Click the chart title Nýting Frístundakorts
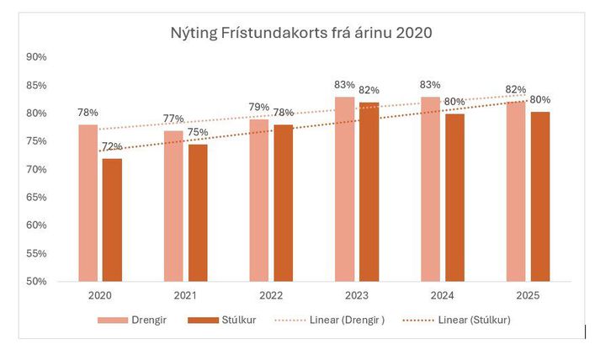(x=302, y=34)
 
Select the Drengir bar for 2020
(x=88, y=203)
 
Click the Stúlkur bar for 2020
(x=112, y=220)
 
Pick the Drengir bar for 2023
(x=345, y=188)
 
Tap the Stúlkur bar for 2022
(x=284, y=203)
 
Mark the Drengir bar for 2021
(x=173, y=205)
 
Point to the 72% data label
(x=111, y=147)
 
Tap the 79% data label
(x=258, y=108)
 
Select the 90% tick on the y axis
(x=37, y=57)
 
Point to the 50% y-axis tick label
(x=37, y=281)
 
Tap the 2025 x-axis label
(x=527, y=296)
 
